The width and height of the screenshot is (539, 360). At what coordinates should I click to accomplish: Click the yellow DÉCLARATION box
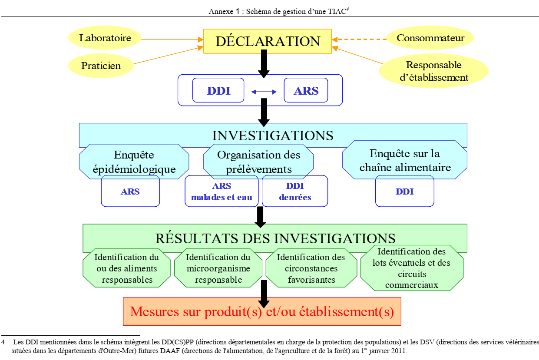268,41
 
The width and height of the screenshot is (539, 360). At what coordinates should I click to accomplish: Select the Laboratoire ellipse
105,38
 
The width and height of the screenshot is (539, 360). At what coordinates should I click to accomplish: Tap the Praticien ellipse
101,66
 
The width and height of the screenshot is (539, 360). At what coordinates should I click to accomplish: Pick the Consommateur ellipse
430,38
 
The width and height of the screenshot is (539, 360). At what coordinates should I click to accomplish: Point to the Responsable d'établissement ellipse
433,71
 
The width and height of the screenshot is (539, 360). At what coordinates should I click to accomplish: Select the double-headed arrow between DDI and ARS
264,92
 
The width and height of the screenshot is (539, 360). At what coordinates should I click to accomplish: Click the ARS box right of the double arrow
306,91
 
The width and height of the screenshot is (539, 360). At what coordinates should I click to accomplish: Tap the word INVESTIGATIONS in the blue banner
272,135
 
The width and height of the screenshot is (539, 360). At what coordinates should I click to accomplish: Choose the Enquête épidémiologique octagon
134,162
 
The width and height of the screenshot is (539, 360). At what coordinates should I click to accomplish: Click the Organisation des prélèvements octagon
258,162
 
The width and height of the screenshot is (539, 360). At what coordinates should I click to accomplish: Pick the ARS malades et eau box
222,192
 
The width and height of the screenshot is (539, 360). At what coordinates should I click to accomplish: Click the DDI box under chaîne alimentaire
404,191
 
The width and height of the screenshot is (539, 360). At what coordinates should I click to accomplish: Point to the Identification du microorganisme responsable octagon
218,268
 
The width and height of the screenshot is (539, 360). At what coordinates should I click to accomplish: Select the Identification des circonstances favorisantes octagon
311,268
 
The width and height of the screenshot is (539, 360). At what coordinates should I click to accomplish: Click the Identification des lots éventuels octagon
411,268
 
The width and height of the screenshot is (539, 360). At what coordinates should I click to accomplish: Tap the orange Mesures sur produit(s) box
262,312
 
